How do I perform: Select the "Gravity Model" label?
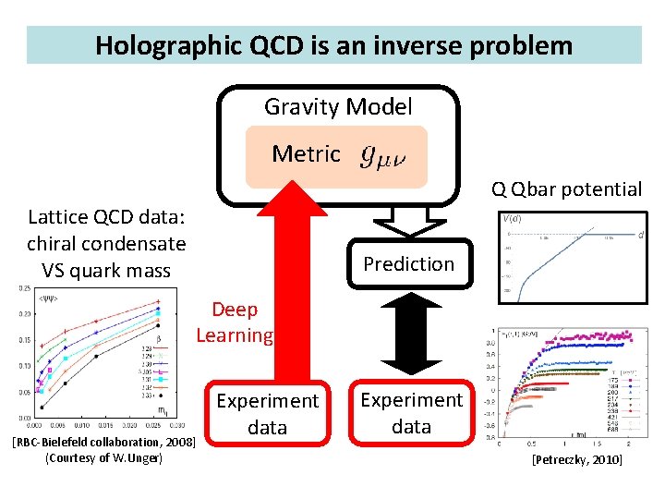pyautogui.click(x=338, y=107)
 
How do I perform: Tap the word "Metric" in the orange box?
pyautogui.click(x=306, y=153)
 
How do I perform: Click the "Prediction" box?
pyautogui.click(x=408, y=264)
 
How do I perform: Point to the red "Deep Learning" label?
pyautogui.click(x=235, y=322)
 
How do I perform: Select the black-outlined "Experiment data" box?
pyautogui.click(x=411, y=413)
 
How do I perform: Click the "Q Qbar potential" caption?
pyautogui.click(x=566, y=189)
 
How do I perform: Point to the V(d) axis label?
pyautogui.click(x=510, y=219)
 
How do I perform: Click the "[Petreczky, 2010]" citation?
pyautogui.click(x=576, y=459)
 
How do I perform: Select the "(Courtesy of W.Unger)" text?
pyautogui.click(x=103, y=458)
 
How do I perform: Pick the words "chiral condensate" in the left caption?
pyautogui.click(x=106, y=244)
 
